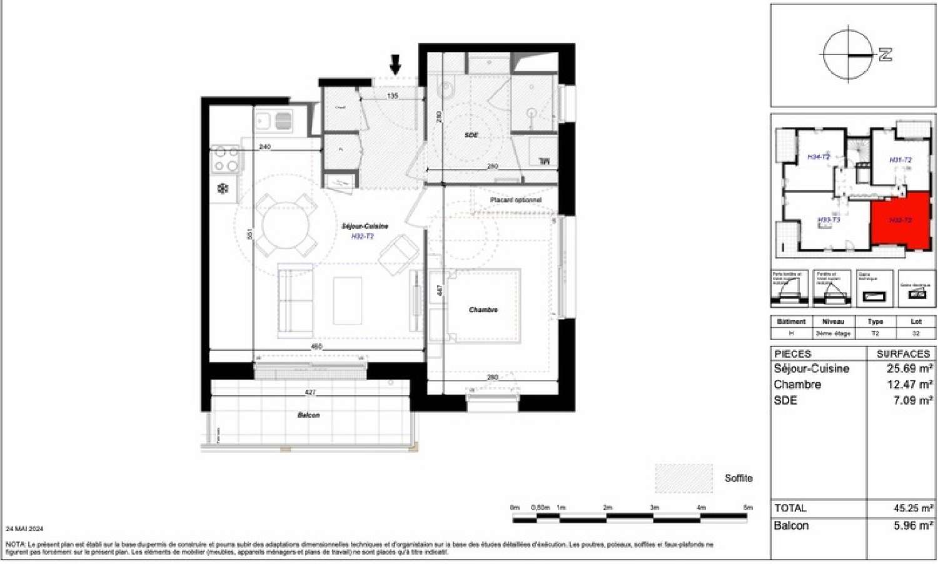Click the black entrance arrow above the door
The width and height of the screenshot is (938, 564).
click(x=395, y=64)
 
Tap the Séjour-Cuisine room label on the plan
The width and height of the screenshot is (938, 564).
click(x=365, y=226)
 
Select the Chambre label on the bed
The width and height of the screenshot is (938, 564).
click(x=483, y=310)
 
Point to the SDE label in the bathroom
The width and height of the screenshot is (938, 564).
click(x=471, y=135)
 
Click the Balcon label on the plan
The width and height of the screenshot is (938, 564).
click(x=308, y=415)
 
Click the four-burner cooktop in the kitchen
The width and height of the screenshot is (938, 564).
click(x=226, y=159)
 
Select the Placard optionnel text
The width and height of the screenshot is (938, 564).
click(x=516, y=200)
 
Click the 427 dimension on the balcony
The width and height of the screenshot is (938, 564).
click(x=310, y=393)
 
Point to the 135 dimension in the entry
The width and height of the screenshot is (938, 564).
click(x=393, y=96)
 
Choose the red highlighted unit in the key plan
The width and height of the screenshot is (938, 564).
click(x=900, y=220)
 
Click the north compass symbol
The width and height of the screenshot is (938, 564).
click(x=849, y=55)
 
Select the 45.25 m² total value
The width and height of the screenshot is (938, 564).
click(x=913, y=508)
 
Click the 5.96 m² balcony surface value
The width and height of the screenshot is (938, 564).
click(x=913, y=526)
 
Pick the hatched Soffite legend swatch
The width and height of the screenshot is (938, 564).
click(x=683, y=478)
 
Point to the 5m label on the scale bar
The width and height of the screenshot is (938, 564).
click(x=748, y=508)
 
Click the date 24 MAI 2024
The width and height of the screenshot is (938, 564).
click(x=24, y=529)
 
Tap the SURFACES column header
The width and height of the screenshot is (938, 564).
click(x=903, y=354)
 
